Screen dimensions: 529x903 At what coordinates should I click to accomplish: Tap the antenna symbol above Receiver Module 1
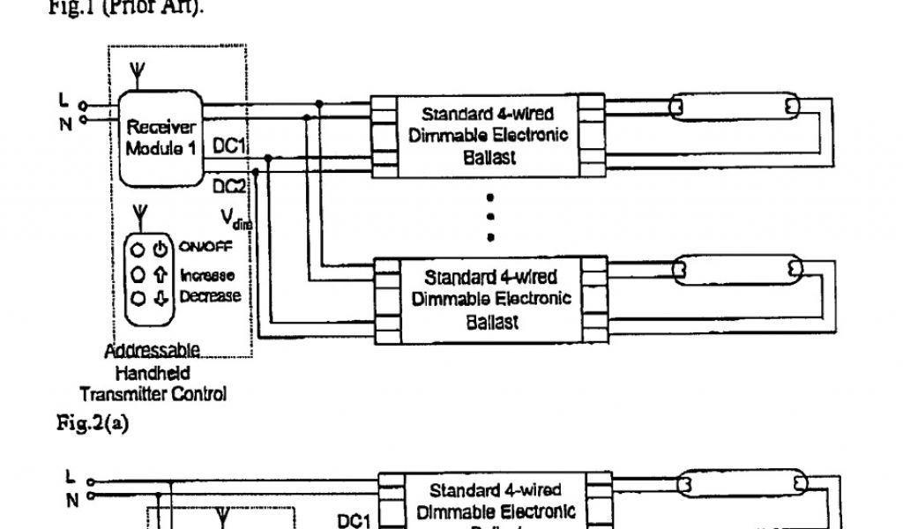(x=135, y=71)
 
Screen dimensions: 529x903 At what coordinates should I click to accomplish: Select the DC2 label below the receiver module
(x=228, y=186)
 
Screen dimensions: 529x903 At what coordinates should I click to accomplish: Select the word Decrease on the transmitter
(x=210, y=296)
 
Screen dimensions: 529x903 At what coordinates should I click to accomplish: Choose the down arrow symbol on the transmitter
(x=160, y=298)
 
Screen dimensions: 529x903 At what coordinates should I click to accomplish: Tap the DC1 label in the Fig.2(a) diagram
(x=352, y=522)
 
